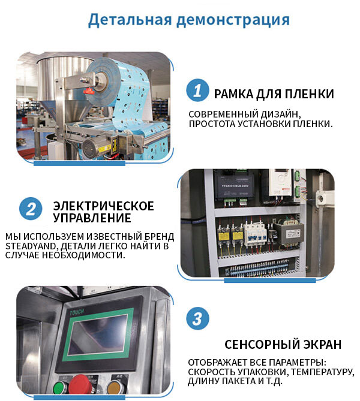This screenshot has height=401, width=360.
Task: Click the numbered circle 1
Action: point(197,90)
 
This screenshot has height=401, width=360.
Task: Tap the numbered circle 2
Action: point(31,209)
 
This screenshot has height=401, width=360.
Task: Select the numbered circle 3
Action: point(197,319)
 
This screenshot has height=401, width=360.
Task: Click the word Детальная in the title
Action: point(130,20)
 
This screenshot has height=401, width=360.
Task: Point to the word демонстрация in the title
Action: point(233,20)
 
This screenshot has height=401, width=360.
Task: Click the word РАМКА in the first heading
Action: point(233,94)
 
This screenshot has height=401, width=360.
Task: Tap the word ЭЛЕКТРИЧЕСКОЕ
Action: point(103,206)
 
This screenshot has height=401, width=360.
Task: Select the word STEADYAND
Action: point(30,246)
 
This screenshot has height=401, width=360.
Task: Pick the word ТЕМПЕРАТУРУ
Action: point(322,372)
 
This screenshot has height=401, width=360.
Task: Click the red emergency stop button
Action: point(80,384)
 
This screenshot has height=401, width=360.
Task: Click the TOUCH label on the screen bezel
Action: point(77,312)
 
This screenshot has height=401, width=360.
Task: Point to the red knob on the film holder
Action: point(89,91)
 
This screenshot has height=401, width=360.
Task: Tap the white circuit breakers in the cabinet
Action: point(255,235)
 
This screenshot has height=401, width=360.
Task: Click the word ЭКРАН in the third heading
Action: point(322,345)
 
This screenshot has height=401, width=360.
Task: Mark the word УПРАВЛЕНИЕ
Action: point(92,218)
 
